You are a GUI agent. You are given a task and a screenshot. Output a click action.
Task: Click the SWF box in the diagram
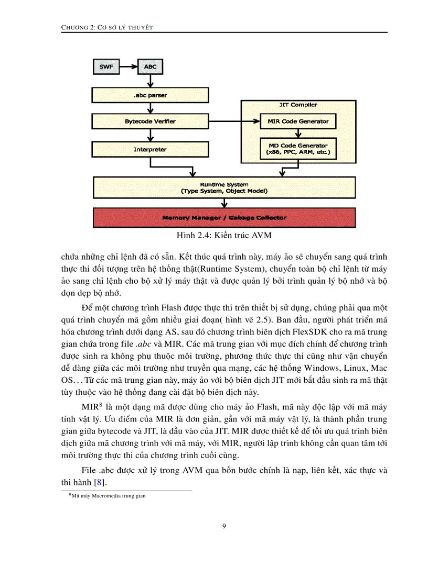[x=106, y=67]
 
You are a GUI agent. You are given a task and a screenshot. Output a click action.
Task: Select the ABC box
[x=150, y=67]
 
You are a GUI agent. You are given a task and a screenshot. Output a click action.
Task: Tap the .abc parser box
[x=150, y=95]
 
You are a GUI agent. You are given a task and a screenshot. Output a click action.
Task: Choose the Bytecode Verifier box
[x=150, y=121]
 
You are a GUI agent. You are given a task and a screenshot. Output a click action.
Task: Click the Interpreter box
[x=150, y=150]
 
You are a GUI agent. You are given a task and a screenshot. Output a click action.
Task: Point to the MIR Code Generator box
[x=298, y=121]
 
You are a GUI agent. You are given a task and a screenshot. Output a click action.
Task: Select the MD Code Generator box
[x=298, y=149]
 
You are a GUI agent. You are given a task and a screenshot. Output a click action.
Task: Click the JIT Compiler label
[x=298, y=105]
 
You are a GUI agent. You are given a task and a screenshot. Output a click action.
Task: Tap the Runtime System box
[x=224, y=187]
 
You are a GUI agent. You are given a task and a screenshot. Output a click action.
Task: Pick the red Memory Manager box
[x=224, y=217]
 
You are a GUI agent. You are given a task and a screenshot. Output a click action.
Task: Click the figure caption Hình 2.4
[x=224, y=235]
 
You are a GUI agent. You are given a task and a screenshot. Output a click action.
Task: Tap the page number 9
[x=224, y=526]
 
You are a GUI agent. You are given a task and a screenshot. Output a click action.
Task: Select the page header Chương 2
[x=107, y=27]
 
